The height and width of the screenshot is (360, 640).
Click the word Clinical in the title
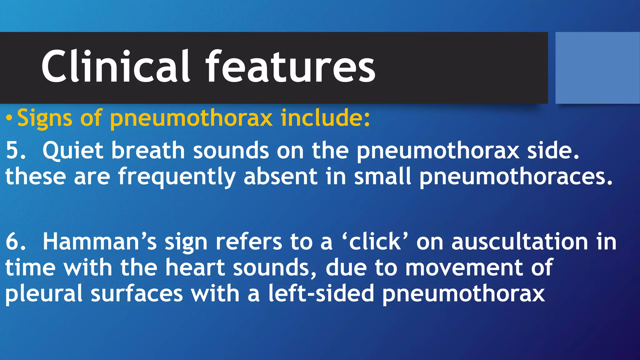tap(116, 67)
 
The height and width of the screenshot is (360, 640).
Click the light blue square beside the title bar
tap(597, 67)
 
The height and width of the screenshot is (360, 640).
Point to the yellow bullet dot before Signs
tap(9, 118)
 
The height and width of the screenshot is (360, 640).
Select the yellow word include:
tap(325, 118)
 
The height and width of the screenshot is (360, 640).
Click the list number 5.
tap(15, 150)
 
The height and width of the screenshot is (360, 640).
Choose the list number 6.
tap(15, 242)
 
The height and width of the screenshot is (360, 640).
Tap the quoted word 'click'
tap(375, 242)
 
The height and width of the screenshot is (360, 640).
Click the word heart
tap(195, 267)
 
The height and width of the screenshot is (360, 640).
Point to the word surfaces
tap(137, 293)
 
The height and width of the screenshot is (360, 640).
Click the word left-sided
tap(321, 293)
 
